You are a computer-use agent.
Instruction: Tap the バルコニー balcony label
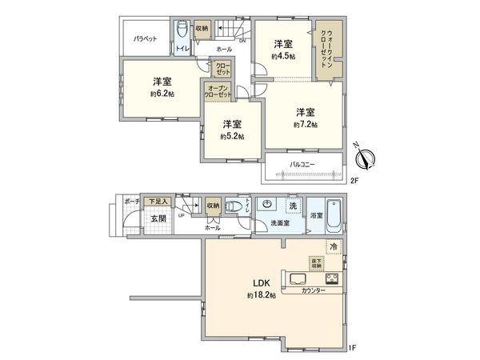pyautogui.click(x=302, y=165)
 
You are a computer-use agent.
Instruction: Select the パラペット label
pyautogui.click(x=145, y=38)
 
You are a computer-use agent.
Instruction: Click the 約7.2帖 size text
pyautogui.click(x=305, y=125)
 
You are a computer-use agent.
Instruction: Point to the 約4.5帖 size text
pyautogui.click(x=283, y=57)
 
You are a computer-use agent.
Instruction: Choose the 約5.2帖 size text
pyautogui.click(x=233, y=136)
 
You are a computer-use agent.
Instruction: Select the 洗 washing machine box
pyautogui.click(x=293, y=206)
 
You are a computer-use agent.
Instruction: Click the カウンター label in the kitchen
pyautogui.click(x=314, y=290)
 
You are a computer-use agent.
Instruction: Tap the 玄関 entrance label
pyautogui.click(x=156, y=218)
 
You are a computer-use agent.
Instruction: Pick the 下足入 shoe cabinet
pyautogui.click(x=156, y=202)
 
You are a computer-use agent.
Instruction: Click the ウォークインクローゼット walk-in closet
pyautogui.click(x=330, y=51)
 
